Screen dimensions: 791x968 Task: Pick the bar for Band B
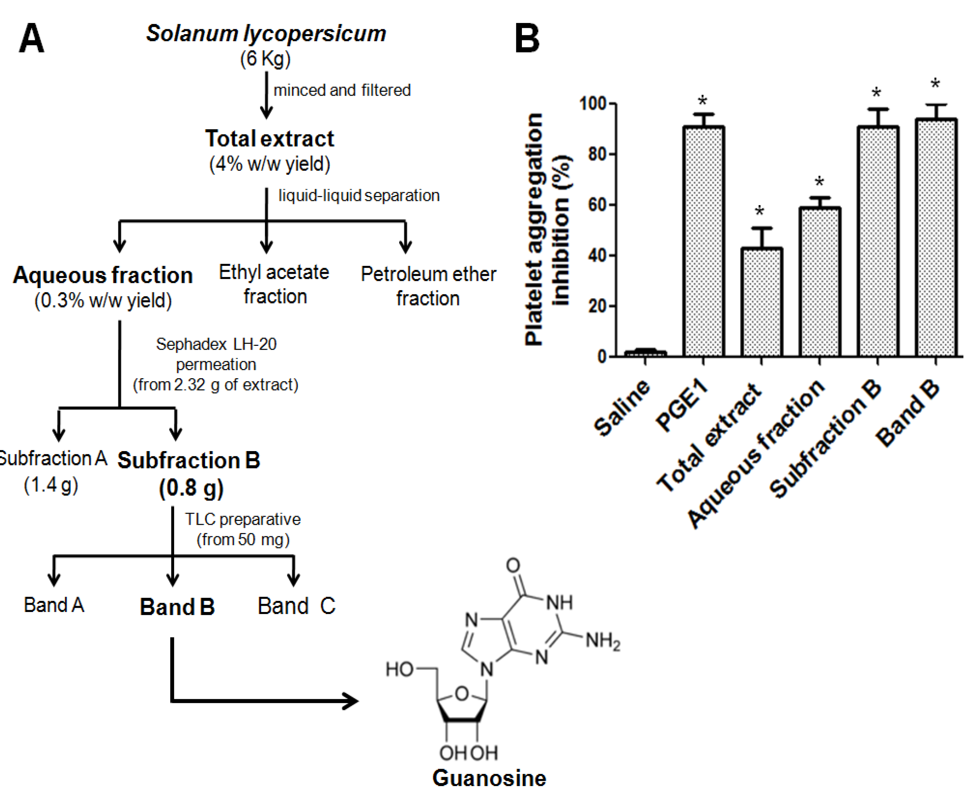[x=936, y=237]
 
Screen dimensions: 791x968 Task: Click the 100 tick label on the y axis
[x=593, y=104]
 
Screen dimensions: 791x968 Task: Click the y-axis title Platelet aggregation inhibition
[x=547, y=230]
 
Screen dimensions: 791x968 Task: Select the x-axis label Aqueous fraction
[x=757, y=453]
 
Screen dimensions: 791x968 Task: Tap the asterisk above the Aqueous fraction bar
[x=819, y=183]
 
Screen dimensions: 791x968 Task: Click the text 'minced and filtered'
[x=342, y=90]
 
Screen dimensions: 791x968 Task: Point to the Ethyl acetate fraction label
[x=274, y=284]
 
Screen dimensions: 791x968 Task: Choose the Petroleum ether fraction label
[x=428, y=286]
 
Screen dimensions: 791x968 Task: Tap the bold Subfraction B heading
[x=189, y=460]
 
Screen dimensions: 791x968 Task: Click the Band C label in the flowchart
[x=297, y=606]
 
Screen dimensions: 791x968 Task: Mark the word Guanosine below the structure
[x=489, y=778]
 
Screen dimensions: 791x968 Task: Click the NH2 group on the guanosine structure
[x=602, y=641]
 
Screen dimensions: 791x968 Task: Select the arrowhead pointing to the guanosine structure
[x=351, y=701]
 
